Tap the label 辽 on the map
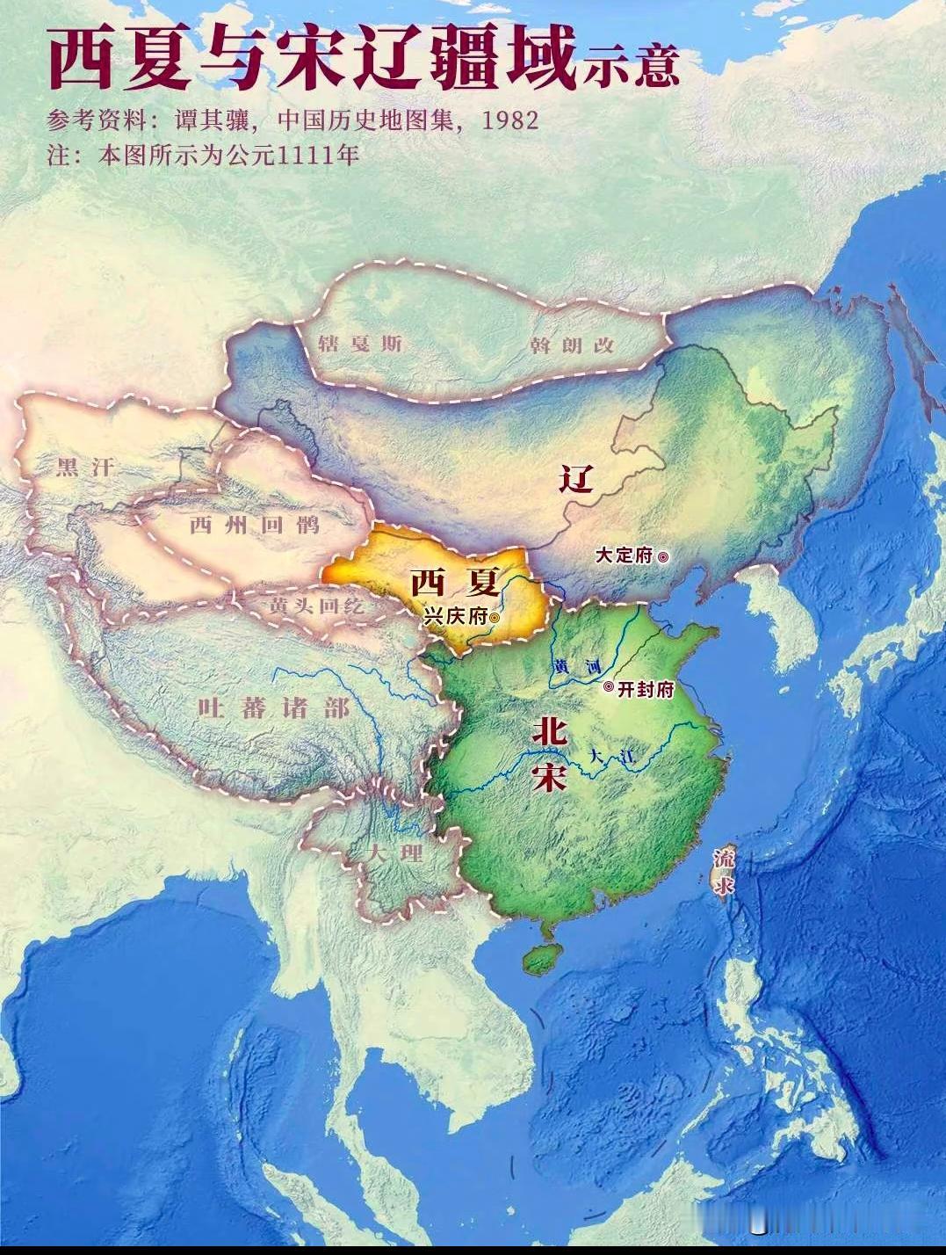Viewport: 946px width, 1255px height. [x=577, y=479]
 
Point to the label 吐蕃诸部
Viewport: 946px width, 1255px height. [x=274, y=707]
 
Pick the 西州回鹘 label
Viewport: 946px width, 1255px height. [x=255, y=526]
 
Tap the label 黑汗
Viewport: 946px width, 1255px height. [x=85, y=467]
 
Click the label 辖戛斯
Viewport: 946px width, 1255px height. [x=360, y=343]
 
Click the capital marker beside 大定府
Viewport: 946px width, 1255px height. [x=663, y=555]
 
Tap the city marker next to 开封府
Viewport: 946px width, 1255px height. [x=609, y=688]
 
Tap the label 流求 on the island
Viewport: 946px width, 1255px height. [x=725, y=871]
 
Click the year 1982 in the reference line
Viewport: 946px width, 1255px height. [x=509, y=120]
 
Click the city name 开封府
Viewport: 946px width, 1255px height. [x=646, y=689]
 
